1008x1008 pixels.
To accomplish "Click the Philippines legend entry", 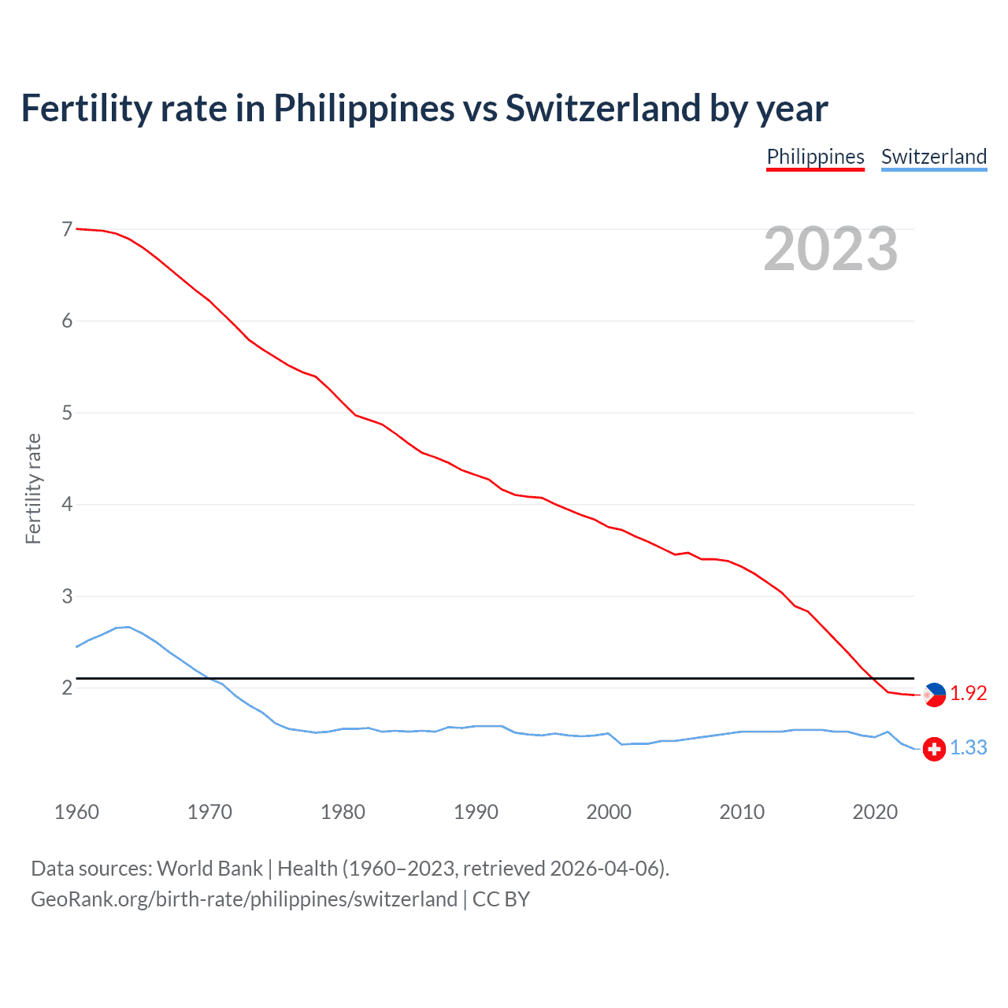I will click(x=815, y=157).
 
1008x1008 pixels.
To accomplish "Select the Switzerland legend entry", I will click(x=933, y=157).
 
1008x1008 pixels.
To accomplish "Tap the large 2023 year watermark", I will click(x=830, y=249).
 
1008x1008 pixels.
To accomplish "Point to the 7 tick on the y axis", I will click(x=67, y=229).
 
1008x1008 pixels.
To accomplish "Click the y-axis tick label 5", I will click(x=67, y=413).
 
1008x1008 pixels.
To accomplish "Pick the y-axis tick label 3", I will click(x=67, y=596).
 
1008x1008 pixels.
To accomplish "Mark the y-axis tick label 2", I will click(x=67, y=687).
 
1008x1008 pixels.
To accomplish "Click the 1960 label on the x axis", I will click(x=76, y=812).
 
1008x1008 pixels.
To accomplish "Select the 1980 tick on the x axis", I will click(x=343, y=812).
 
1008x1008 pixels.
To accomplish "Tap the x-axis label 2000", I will click(x=609, y=812).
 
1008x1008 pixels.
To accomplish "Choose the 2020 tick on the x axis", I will click(x=875, y=812).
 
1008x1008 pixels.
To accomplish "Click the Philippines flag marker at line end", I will click(x=934, y=695).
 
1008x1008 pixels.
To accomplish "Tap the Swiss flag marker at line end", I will click(x=934, y=749).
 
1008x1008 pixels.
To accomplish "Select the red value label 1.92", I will click(x=968, y=693).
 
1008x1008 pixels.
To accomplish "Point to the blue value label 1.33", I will click(x=968, y=747).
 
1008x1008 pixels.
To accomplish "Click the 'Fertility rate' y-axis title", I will click(x=33, y=488).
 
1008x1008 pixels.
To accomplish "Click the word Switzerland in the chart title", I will click(x=602, y=108).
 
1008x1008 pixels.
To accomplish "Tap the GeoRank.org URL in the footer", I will click(x=244, y=899).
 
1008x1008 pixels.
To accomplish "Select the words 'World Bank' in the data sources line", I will click(x=209, y=869).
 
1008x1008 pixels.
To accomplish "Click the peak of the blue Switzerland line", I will click(x=128, y=627).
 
